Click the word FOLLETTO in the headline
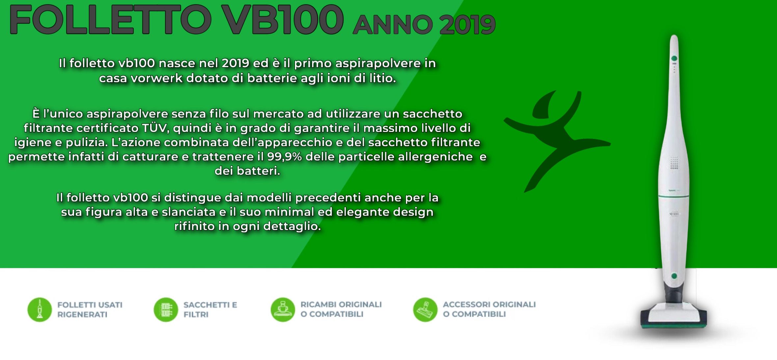click(x=111, y=19)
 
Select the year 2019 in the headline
click(x=467, y=25)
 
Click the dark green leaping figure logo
click(x=556, y=140)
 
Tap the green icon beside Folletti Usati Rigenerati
click(x=40, y=309)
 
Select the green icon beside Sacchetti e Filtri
click(x=166, y=309)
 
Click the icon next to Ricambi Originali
click(x=282, y=309)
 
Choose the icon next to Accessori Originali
click(x=425, y=309)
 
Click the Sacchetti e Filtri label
click(x=210, y=309)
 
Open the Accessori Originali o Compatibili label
click(x=489, y=309)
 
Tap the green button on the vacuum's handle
click(x=674, y=59)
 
